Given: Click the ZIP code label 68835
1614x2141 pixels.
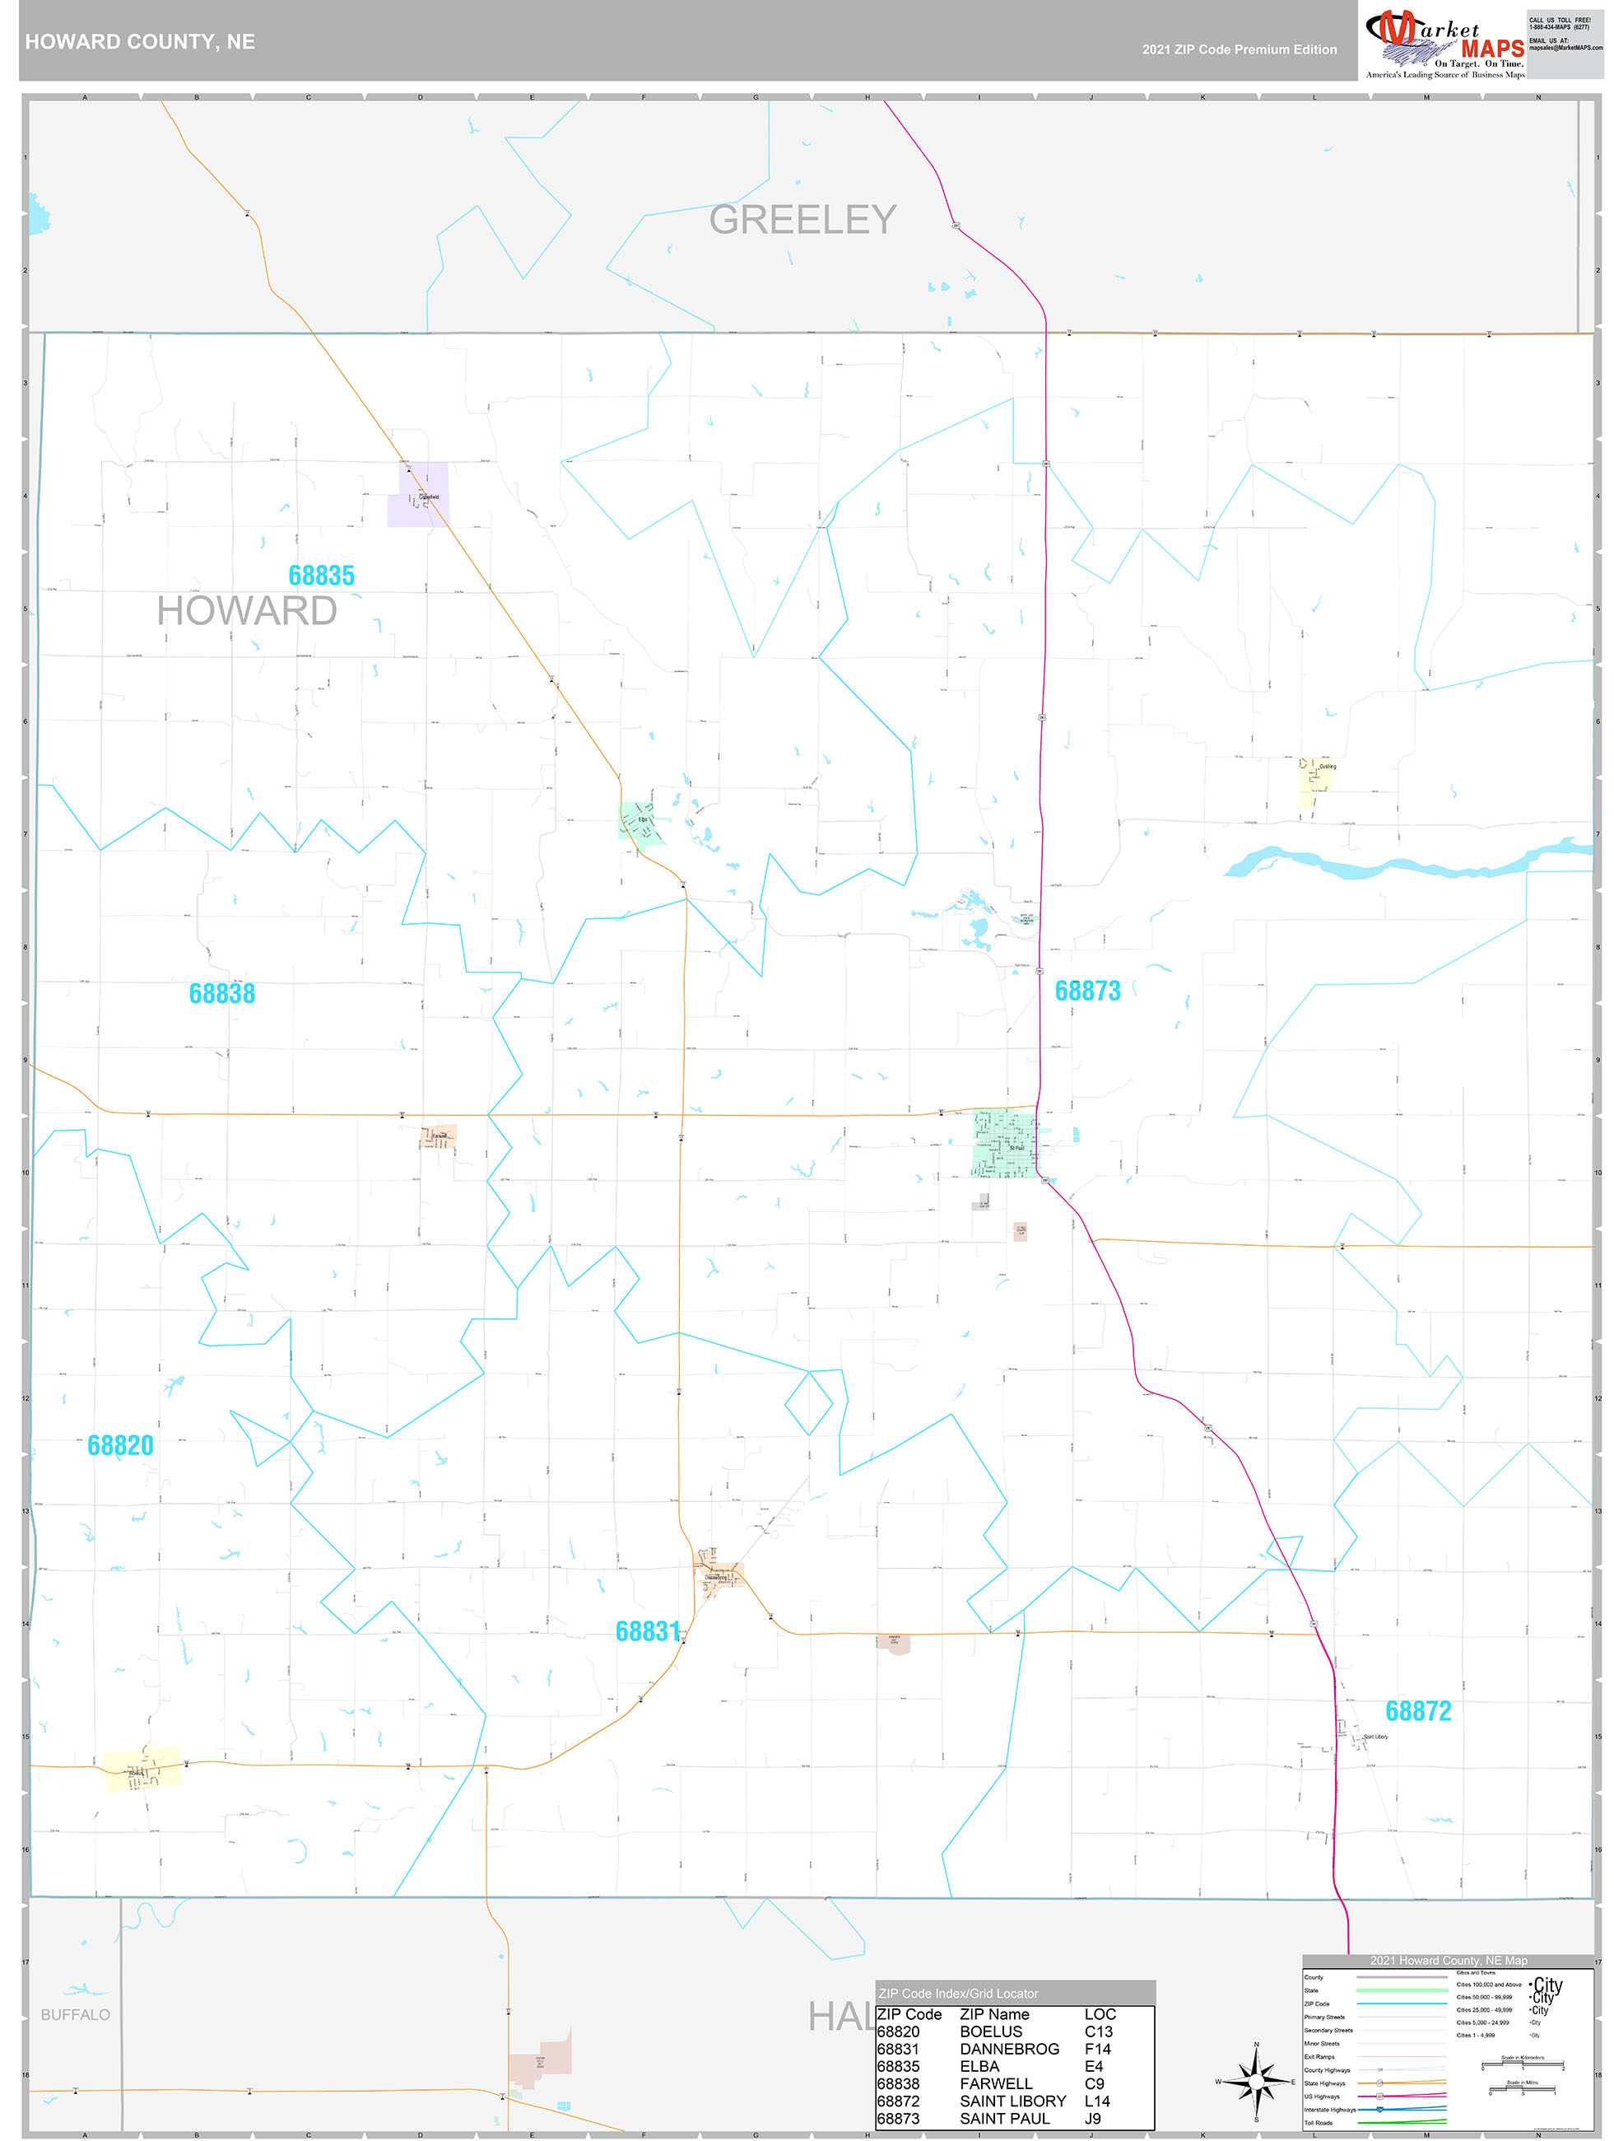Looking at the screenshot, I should tap(321, 576).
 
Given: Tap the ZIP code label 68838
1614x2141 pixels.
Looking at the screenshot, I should tap(221, 993).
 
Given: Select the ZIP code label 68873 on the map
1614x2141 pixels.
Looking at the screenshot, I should tap(1086, 990).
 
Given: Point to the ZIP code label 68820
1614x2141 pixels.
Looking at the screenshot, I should tap(120, 1445).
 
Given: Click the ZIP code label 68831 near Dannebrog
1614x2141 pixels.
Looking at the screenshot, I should tap(648, 1631).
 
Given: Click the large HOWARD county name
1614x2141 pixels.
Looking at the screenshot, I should tap(247, 611).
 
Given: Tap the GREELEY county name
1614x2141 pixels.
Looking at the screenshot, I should tap(802, 220).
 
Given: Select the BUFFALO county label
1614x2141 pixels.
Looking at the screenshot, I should tap(76, 2014).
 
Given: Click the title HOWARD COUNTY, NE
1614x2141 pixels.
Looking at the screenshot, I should tap(140, 42).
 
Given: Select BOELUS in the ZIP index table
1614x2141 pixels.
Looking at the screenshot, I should tap(990, 2031).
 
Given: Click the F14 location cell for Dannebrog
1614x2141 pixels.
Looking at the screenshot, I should tap(1097, 2049).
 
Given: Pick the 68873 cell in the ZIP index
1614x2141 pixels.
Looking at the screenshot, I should tap(897, 2119).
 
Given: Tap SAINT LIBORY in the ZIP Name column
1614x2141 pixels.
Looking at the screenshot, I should tap(1012, 2101).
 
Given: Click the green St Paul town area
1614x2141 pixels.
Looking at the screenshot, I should tap(1004, 1143).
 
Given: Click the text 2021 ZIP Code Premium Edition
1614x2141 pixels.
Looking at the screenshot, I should tap(1239, 49).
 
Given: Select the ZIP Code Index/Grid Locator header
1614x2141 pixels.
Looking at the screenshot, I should tap(958, 1993).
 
